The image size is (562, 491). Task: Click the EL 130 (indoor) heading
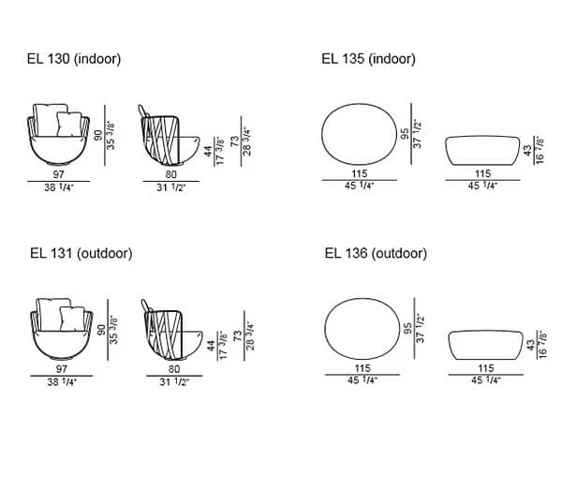tap(74, 59)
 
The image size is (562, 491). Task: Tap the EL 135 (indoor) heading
tap(368, 59)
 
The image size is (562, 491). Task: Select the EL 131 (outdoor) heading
tap(81, 253)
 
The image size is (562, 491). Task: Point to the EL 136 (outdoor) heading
tap(376, 253)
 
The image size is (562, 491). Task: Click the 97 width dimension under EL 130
tap(58, 174)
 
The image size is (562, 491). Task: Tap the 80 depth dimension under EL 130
tap(171, 174)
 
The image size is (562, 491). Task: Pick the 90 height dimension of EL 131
tap(101, 330)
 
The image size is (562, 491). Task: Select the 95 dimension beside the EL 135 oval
tap(405, 134)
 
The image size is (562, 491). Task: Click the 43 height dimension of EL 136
tap(531, 345)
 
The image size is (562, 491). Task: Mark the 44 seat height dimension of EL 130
tap(208, 152)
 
